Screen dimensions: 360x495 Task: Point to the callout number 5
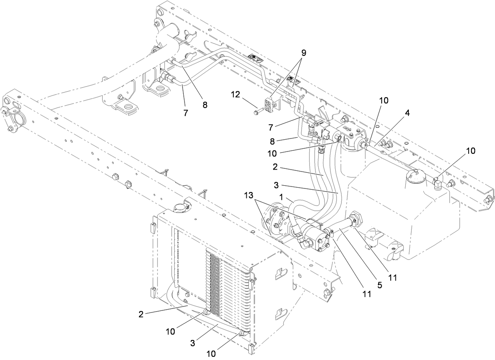(379, 285)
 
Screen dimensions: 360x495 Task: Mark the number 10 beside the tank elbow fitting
(471, 151)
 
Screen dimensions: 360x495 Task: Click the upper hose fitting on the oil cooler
(205, 312)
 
